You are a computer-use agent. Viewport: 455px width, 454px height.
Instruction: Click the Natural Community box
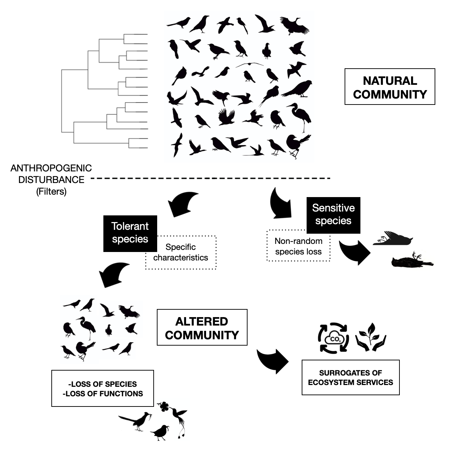(x=390, y=87)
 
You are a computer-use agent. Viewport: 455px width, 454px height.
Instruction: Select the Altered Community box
(x=202, y=328)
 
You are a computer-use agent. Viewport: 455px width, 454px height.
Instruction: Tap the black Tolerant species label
(x=130, y=233)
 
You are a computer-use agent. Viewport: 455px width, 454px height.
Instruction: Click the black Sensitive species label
(x=333, y=214)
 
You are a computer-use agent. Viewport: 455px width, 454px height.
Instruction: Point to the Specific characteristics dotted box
(x=181, y=253)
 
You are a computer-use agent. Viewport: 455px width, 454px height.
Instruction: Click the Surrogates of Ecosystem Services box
(x=351, y=378)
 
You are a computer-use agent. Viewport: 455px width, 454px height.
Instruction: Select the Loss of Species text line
(x=103, y=384)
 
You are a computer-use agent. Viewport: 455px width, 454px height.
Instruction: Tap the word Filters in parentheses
(x=51, y=191)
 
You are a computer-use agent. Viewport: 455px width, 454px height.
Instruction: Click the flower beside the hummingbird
(x=163, y=407)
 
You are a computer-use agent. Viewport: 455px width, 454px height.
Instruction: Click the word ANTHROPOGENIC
(x=51, y=168)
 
